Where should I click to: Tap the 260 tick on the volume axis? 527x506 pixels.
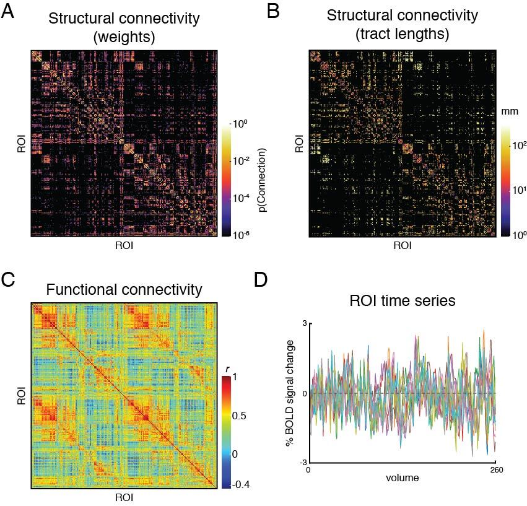(495, 469)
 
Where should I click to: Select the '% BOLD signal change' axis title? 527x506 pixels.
(289, 393)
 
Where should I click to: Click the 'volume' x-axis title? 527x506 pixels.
(402, 478)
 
